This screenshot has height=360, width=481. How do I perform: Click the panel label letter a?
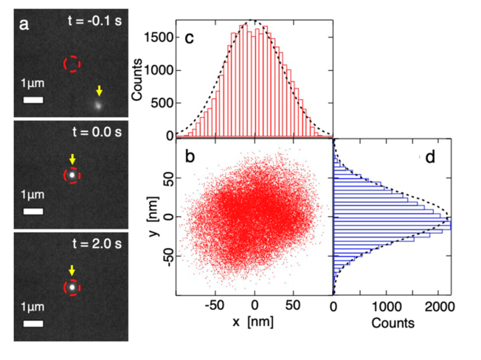point(25,24)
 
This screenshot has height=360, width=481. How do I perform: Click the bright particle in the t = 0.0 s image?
point(72,176)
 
